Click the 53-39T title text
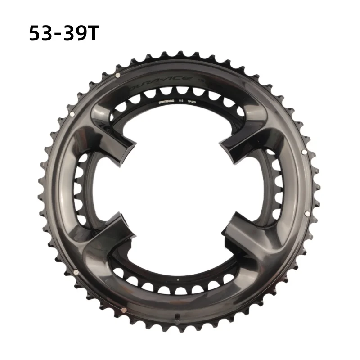click(63, 34)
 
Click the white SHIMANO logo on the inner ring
click(167, 102)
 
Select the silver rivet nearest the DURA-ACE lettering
click(118, 75)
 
